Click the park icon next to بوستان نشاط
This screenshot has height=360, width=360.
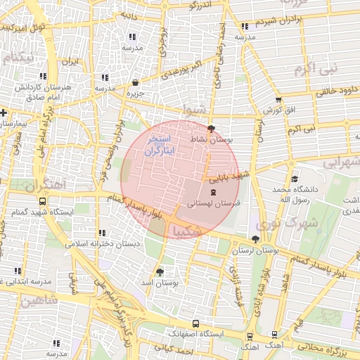pyautogui.click(x=212, y=129)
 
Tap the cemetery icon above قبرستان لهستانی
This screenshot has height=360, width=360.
pyautogui.click(x=213, y=192)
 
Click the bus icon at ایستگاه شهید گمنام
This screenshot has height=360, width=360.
pyautogui.click(x=15, y=212)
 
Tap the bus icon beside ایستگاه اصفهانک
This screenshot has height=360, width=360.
pyautogui.click(x=195, y=325)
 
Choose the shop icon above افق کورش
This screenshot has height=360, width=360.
pyautogui.click(x=278, y=101)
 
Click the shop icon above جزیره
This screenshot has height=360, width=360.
pyautogui.click(x=134, y=82)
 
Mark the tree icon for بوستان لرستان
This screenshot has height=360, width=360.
pyautogui.click(x=254, y=240)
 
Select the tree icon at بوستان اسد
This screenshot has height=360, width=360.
pyautogui.click(x=160, y=271)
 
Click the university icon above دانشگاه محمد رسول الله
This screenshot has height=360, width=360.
pyautogui.click(x=294, y=179)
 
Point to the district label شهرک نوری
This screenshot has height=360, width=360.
pyautogui.click(x=296, y=224)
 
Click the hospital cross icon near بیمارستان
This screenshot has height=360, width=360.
pyautogui.click(x=4, y=112)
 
